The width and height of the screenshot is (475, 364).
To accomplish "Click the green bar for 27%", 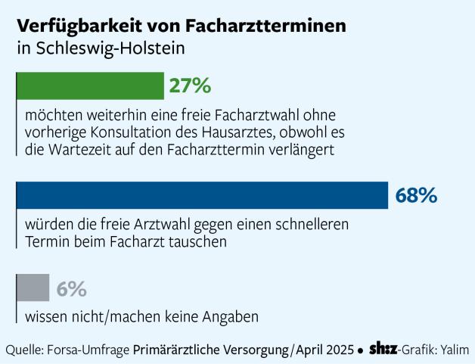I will (89, 86).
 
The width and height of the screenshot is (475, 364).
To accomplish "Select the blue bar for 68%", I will (201, 195).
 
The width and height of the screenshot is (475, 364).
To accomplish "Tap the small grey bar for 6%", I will (33, 288).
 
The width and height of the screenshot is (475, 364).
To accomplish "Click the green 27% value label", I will (189, 86).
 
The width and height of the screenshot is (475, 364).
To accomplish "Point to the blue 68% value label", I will (416, 196).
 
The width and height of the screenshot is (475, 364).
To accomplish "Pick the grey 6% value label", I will (71, 289).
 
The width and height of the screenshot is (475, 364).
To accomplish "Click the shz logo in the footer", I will (383, 350).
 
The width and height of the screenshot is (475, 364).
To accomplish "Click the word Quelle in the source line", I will (25, 350).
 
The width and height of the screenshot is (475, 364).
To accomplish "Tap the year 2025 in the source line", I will (340, 350).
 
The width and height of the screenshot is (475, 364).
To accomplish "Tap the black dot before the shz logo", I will (361, 350).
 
